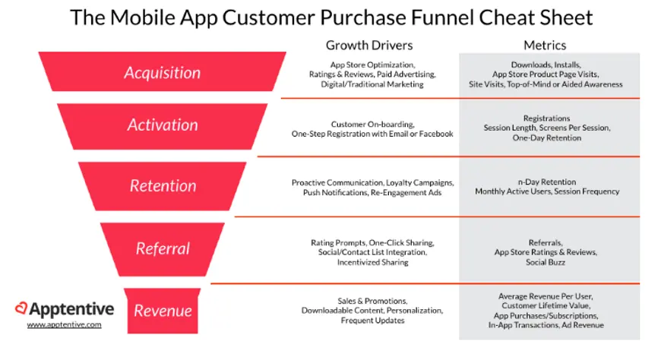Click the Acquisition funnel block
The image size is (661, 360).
click(x=163, y=71)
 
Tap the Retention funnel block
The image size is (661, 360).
click(x=163, y=186)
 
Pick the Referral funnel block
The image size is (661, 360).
click(x=163, y=249)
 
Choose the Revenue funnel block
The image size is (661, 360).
click(x=163, y=311)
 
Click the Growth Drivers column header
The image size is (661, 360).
click(x=369, y=46)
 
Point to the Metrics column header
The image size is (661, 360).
click(x=545, y=46)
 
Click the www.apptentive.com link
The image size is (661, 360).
click(x=64, y=324)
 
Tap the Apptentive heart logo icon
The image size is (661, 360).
click(x=21, y=308)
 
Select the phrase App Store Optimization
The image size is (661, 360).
click(x=372, y=65)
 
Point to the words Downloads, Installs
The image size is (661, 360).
click(x=546, y=65)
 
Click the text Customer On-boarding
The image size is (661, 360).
click(x=372, y=125)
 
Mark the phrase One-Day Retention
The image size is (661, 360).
click(x=547, y=137)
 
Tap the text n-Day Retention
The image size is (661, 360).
click(x=547, y=182)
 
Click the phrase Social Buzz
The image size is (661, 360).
click(x=546, y=262)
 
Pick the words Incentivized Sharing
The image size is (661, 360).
click(x=372, y=262)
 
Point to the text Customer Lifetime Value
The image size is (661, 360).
click(x=546, y=305)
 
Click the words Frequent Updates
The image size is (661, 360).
click(x=372, y=321)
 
